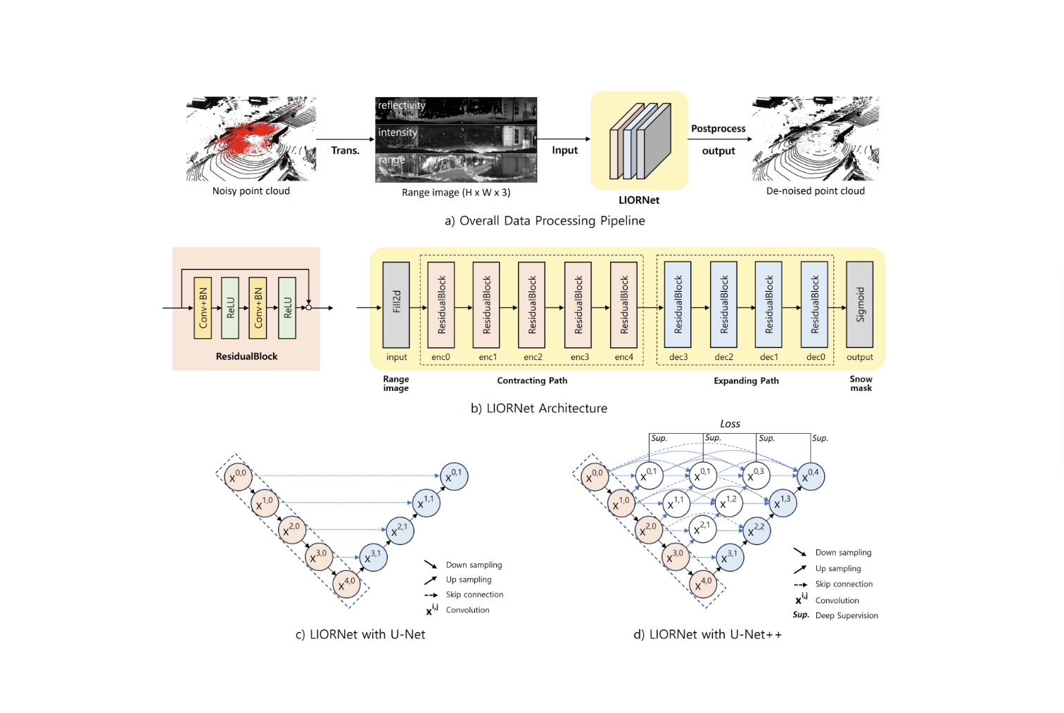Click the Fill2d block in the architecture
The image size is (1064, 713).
396,304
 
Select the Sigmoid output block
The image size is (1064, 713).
859,304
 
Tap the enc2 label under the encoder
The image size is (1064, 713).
533,357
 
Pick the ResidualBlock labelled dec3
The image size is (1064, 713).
678,304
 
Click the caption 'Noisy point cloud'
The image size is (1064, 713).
251,191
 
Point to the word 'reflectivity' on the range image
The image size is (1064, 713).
402,105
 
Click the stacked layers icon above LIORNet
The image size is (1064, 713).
640,141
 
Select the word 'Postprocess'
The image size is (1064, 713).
718,129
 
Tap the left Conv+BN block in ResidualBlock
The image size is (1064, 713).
203,307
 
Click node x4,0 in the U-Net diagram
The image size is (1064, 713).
346,584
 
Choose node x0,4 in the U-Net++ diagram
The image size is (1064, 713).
810,476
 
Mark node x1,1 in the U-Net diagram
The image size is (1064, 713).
425,503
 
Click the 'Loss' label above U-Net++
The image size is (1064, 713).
730,424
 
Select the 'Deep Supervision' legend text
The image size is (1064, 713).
847,616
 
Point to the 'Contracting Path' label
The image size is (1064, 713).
532,381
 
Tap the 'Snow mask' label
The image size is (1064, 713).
861,383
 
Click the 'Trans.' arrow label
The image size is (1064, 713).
345,150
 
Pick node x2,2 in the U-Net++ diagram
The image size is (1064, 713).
756,530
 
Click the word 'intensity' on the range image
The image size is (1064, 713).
398,133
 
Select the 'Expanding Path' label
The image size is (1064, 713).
746,381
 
